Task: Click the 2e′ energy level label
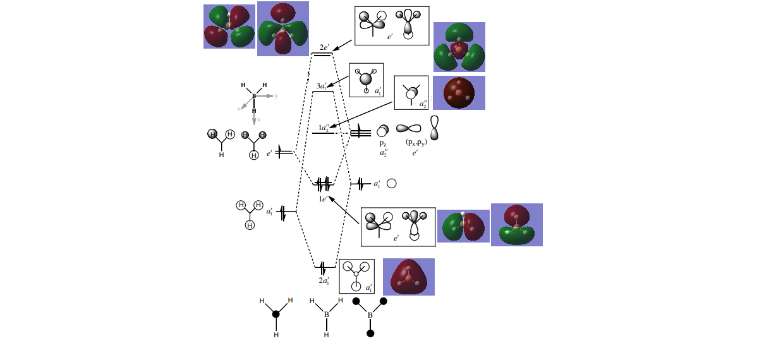pyautogui.click(x=323, y=47)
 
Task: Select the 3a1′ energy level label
pyautogui.click(x=322, y=86)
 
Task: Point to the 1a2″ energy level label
pyautogui.click(x=324, y=128)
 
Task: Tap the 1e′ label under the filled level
pyautogui.click(x=324, y=199)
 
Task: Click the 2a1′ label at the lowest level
pyautogui.click(x=324, y=280)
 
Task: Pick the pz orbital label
pyautogui.click(x=383, y=143)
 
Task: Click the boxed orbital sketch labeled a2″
pyautogui.click(x=411, y=93)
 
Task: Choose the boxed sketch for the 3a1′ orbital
pyautogui.click(x=367, y=80)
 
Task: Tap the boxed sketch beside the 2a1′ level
pyautogui.click(x=357, y=276)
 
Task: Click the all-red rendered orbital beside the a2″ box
pyautogui.click(x=459, y=93)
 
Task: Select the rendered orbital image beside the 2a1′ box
pyautogui.click(x=409, y=277)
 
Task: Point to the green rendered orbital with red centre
pyautogui.click(x=459, y=47)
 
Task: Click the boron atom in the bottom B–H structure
pyautogui.click(x=327, y=314)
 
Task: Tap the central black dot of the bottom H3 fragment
pyautogui.click(x=276, y=314)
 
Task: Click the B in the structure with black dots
pyautogui.click(x=370, y=315)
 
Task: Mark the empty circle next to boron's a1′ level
pyautogui.click(x=391, y=184)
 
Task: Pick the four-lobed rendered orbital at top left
pyautogui.click(x=229, y=27)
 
